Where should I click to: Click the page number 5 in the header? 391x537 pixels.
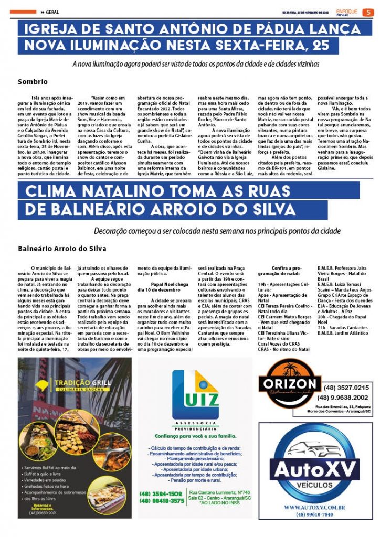(x=368, y=13)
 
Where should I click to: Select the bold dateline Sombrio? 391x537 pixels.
(x=33, y=82)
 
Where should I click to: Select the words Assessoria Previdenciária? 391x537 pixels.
(x=195, y=425)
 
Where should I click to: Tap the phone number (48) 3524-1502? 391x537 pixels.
(x=161, y=493)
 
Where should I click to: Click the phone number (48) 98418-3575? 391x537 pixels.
(x=161, y=501)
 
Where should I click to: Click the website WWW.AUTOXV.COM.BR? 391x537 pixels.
(x=314, y=507)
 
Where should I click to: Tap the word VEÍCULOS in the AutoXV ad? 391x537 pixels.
(x=314, y=485)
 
